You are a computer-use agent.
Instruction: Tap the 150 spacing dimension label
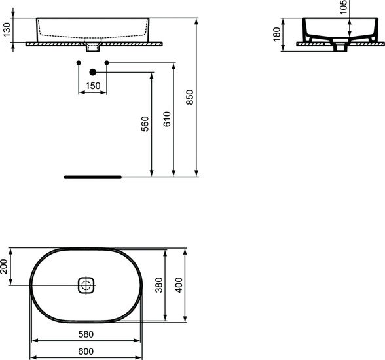point(93,86)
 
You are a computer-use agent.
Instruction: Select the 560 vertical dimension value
point(145,124)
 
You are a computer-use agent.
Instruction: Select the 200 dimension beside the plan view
point(5,266)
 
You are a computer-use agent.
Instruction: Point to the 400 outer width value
point(179,285)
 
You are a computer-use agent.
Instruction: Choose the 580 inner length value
point(87,334)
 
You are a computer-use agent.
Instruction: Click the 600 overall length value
point(87,351)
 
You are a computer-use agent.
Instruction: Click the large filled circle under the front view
point(92,71)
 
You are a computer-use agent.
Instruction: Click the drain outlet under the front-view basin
point(92,48)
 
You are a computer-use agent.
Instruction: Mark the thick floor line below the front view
point(92,177)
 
